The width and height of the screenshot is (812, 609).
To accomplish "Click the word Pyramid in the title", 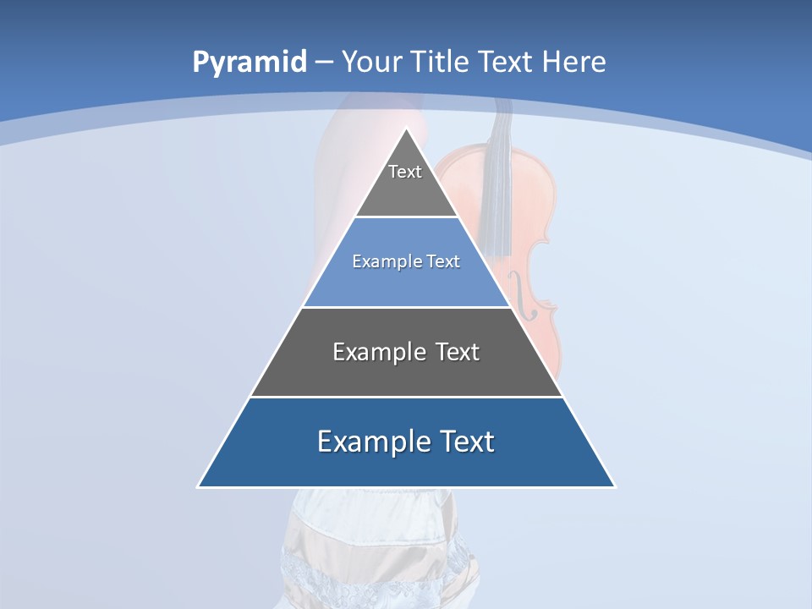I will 249,63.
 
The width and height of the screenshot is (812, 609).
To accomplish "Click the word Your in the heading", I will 372,62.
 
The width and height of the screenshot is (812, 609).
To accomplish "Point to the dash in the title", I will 323,63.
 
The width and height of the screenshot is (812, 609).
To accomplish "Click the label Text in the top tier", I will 405,172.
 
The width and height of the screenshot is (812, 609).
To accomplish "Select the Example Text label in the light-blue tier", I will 406,261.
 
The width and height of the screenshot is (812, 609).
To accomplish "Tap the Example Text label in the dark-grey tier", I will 406,352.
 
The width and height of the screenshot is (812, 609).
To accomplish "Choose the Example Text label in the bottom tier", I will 406,442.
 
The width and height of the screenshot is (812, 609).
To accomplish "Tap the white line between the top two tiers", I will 407,217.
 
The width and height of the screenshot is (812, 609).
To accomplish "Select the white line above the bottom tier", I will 406,397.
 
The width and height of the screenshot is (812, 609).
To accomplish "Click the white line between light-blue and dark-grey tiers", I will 406,307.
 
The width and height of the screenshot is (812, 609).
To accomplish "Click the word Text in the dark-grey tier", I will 457,352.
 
